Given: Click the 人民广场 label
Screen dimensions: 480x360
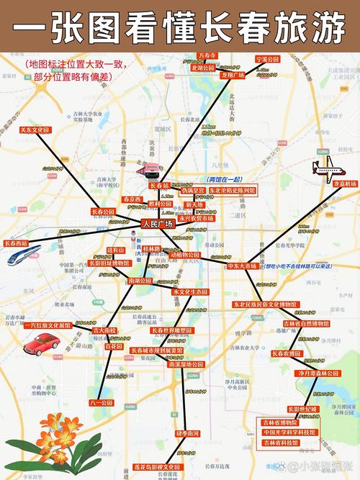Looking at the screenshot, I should tap(158, 225).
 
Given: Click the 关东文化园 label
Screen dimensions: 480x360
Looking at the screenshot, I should tap(35, 130).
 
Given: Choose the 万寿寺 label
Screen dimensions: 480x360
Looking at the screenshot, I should tap(207, 55).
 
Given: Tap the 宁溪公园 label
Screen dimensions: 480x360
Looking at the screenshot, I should tap(266, 58).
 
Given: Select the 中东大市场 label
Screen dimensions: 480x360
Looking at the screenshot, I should tap(242, 266).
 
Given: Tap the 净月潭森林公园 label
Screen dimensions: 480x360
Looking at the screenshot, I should tap(318, 374).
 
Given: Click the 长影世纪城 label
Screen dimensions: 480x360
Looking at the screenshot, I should tap(302, 409).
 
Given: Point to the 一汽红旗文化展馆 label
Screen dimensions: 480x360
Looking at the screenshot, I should tap(48, 325).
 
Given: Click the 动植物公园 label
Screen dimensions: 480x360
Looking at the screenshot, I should tap(185, 255).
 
